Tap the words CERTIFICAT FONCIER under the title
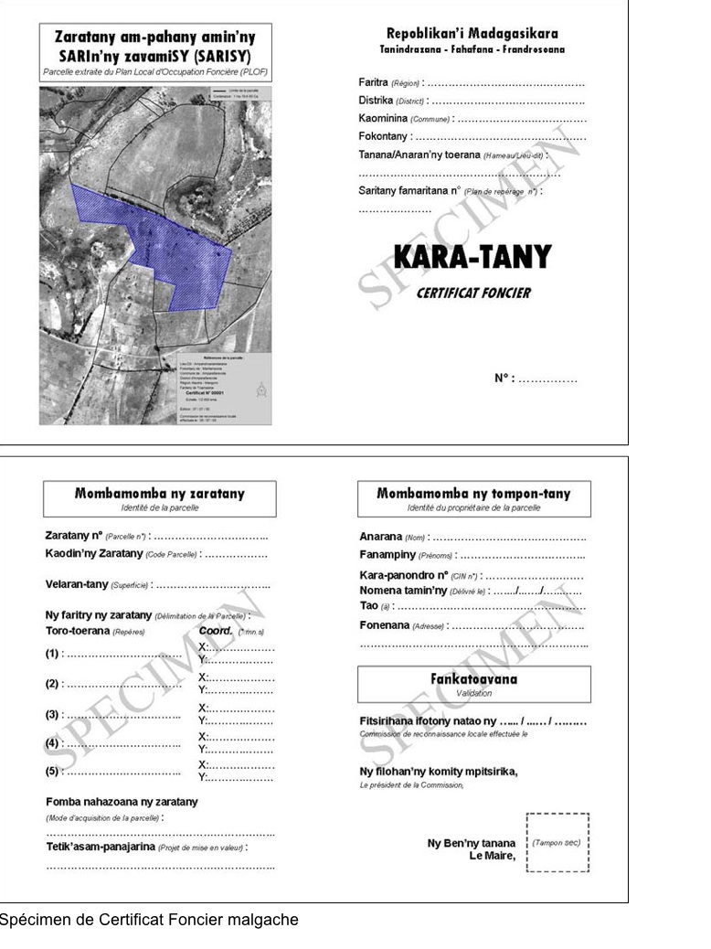(472, 293)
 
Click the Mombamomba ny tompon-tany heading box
(473, 498)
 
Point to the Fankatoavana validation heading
(473, 684)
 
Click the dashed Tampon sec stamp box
(557, 842)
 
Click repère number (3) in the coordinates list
(53, 714)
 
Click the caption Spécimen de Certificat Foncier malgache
(148, 920)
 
